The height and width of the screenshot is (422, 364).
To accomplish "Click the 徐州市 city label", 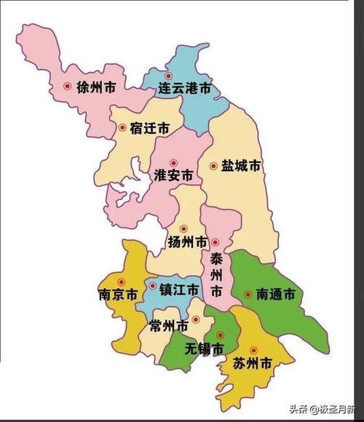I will (95, 87).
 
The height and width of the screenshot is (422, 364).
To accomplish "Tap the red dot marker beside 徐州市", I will (68, 87).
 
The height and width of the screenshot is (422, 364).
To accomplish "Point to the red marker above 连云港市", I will (168, 76).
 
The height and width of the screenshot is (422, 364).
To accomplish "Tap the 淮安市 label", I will (174, 176).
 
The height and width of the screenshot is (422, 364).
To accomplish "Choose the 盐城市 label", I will (240, 166).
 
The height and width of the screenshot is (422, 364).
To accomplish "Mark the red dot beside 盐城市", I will (213, 166).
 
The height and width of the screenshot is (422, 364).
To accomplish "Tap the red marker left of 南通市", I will (248, 295).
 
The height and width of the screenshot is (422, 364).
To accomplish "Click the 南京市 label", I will (117, 295).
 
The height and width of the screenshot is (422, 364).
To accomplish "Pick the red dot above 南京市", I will (122, 282).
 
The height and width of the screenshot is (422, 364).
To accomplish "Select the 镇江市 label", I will (179, 289).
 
